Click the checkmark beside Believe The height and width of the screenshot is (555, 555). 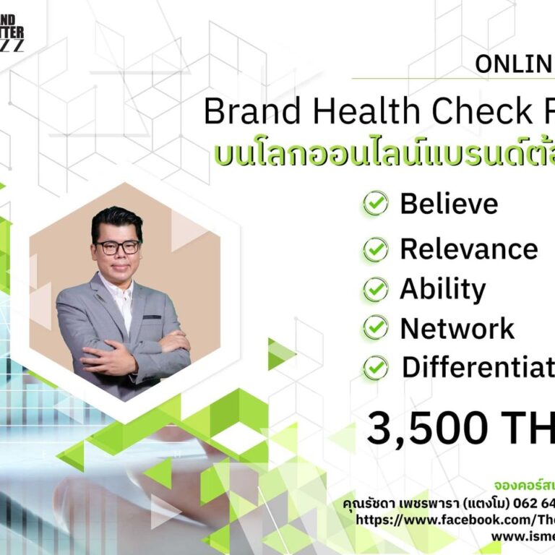coord(375,204)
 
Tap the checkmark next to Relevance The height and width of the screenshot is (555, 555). coord(375,249)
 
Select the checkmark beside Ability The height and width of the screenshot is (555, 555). coord(375,289)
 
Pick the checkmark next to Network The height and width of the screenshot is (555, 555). coord(375,328)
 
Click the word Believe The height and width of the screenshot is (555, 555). coord(449,204)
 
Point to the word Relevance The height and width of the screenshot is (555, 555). coord(468,249)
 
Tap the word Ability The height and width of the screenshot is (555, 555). coord(442,289)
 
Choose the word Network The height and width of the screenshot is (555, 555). coord(457,328)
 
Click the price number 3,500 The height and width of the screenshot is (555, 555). coord(427,428)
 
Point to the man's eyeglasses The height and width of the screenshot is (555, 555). coord(117,247)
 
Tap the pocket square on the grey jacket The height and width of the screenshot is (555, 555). coord(152,316)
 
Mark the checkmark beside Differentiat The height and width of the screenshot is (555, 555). coord(375,368)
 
